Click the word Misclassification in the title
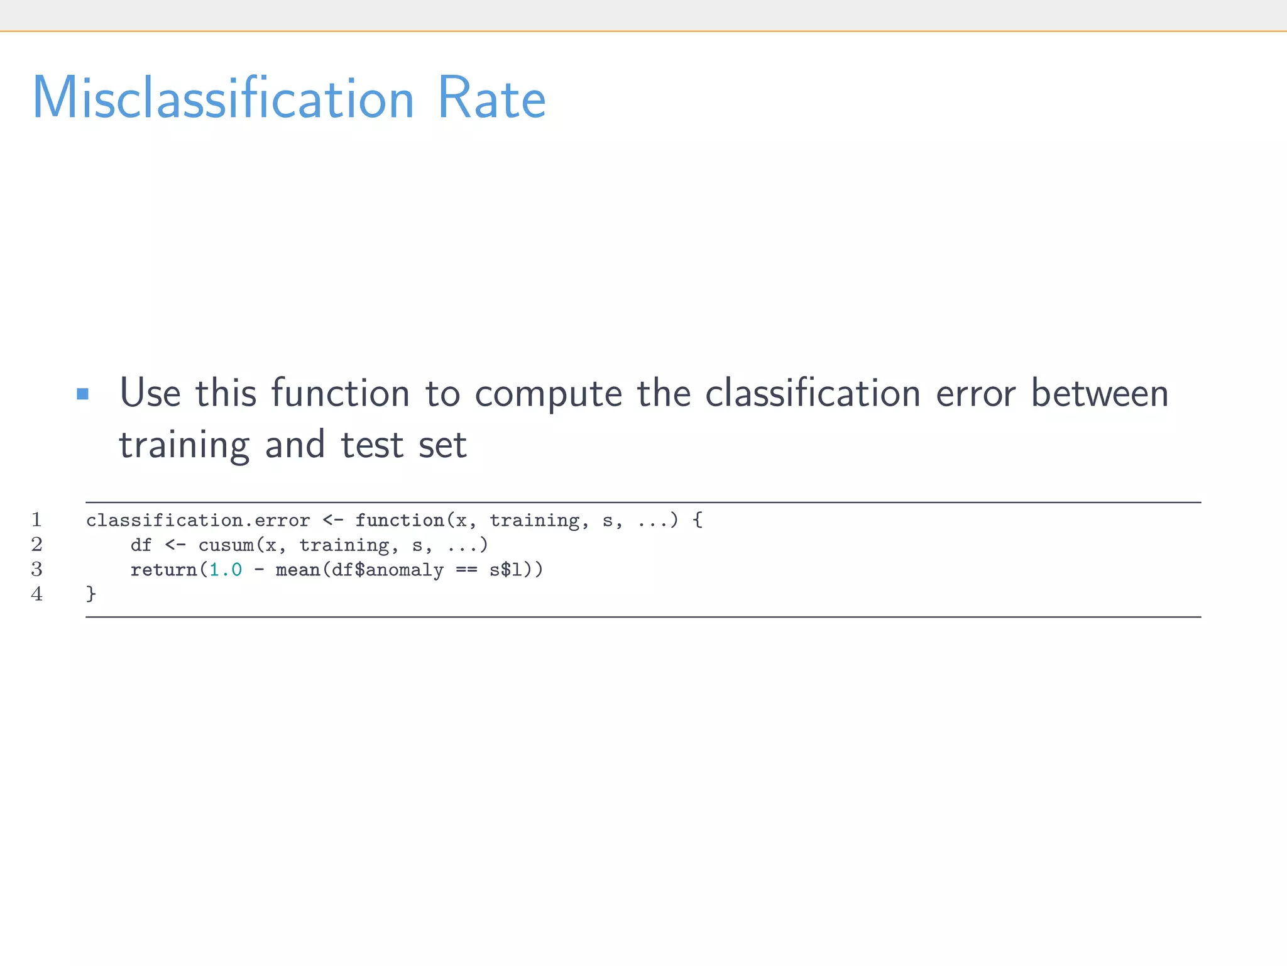[x=223, y=98]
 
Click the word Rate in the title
[x=491, y=98]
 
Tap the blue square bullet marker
[x=82, y=394]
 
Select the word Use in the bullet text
[x=150, y=393]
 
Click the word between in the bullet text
[x=1100, y=393]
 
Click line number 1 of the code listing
[x=36, y=520]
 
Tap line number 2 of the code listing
[x=36, y=545]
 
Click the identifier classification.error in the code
[x=198, y=521]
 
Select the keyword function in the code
[x=400, y=521]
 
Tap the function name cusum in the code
[x=226, y=545]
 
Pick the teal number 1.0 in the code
[x=226, y=570]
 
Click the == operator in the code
[x=466, y=570]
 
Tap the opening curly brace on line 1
[x=697, y=521]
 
